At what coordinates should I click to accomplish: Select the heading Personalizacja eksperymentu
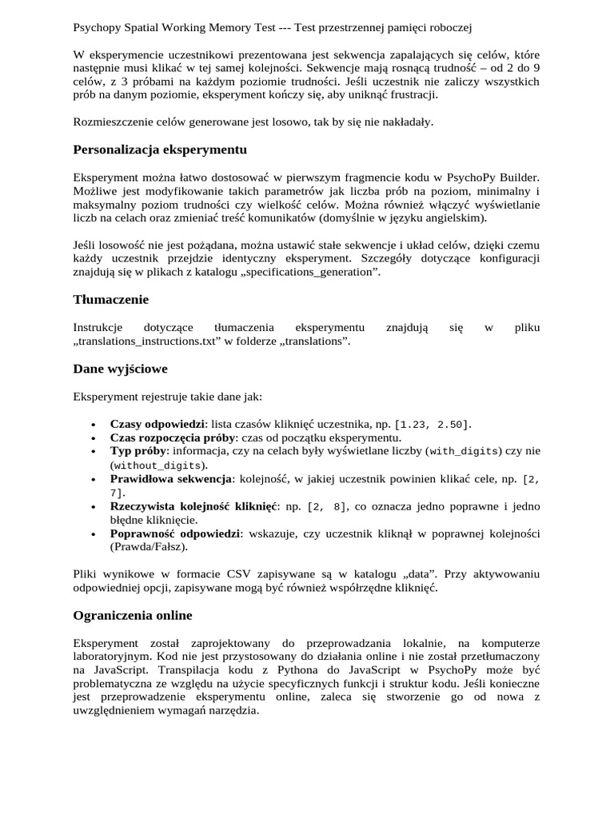(160, 150)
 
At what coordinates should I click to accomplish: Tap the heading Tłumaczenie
(111, 299)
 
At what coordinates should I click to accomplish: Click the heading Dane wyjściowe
(120, 369)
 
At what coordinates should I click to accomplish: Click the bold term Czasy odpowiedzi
(157, 423)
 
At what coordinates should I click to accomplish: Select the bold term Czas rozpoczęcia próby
(173, 437)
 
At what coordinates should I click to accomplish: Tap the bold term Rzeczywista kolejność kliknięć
(193, 506)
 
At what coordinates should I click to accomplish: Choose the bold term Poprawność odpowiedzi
(175, 533)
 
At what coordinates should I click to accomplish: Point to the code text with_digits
(464, 451)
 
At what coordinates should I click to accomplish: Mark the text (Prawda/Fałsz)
(149, 547)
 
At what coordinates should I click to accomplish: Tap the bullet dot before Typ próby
(94, 452)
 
